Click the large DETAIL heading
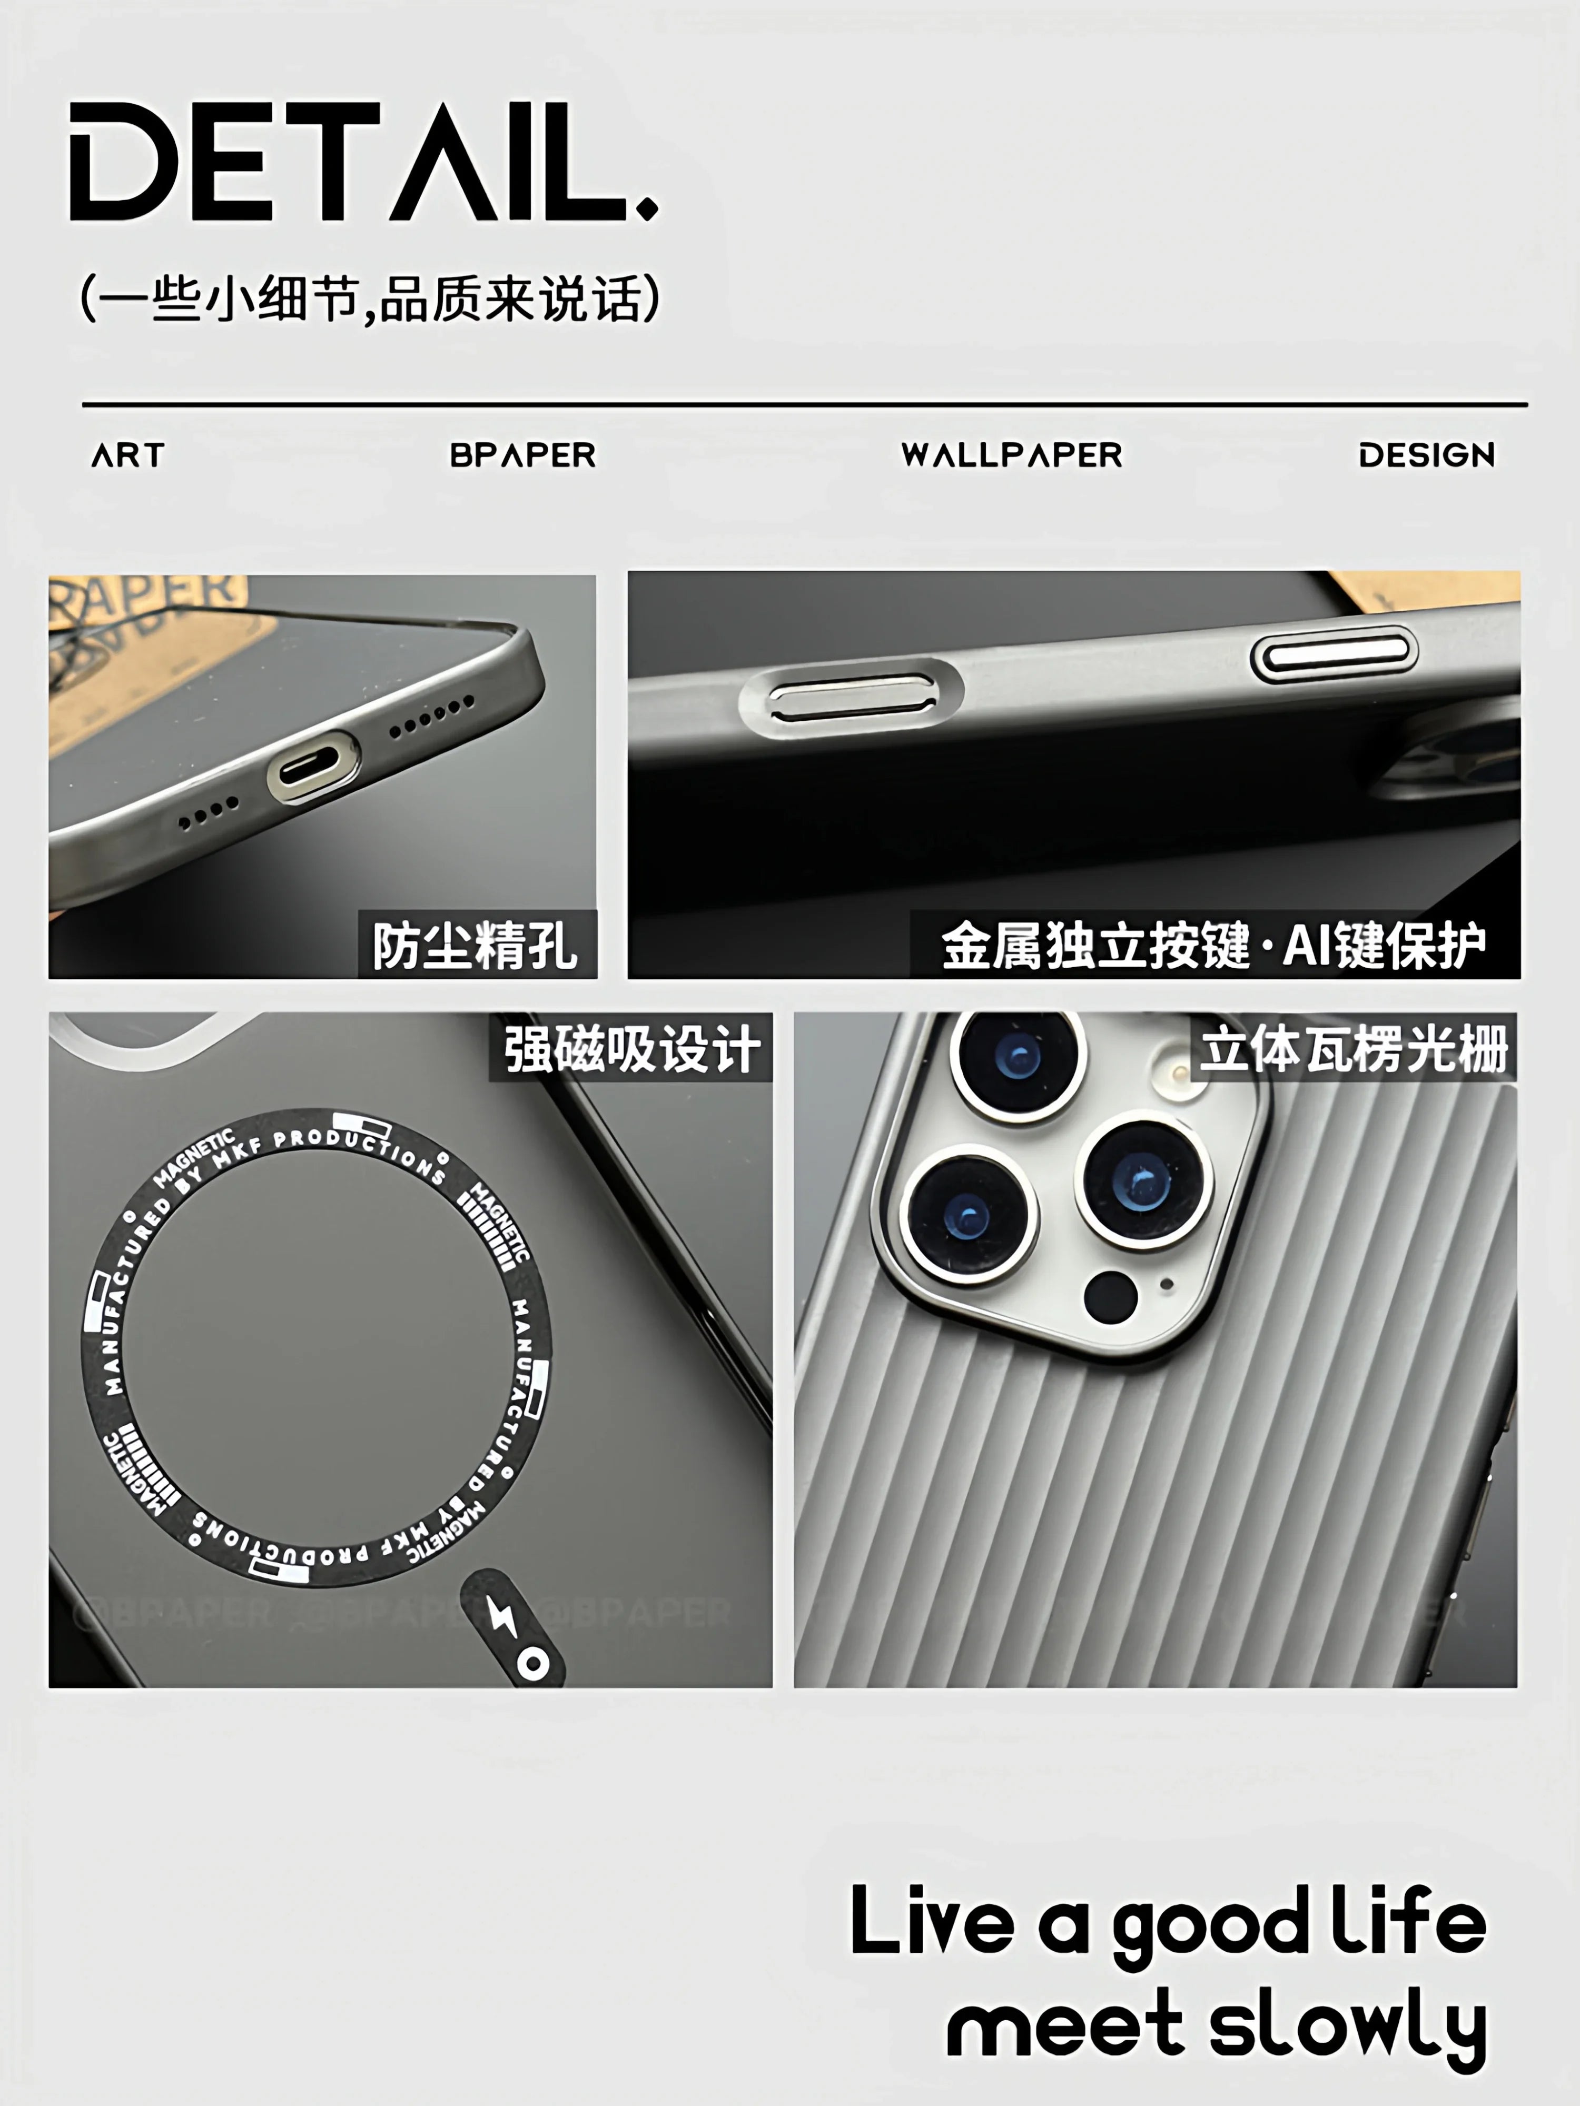(x=362, y=162)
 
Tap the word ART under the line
(x=127, y=455)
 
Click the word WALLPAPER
(x=1011, y=455)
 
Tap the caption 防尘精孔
(x=475, y=946)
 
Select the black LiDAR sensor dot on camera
(x=1110, y=1297)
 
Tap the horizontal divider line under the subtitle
(x=805, y=405)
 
